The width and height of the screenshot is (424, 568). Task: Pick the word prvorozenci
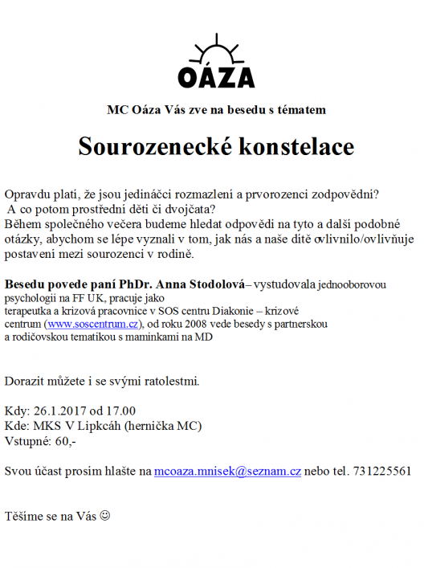click(x=277, y=195)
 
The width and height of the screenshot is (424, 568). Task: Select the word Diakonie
click(x=241, y=311)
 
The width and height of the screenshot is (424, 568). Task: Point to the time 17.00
click(x=120, y=410)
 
